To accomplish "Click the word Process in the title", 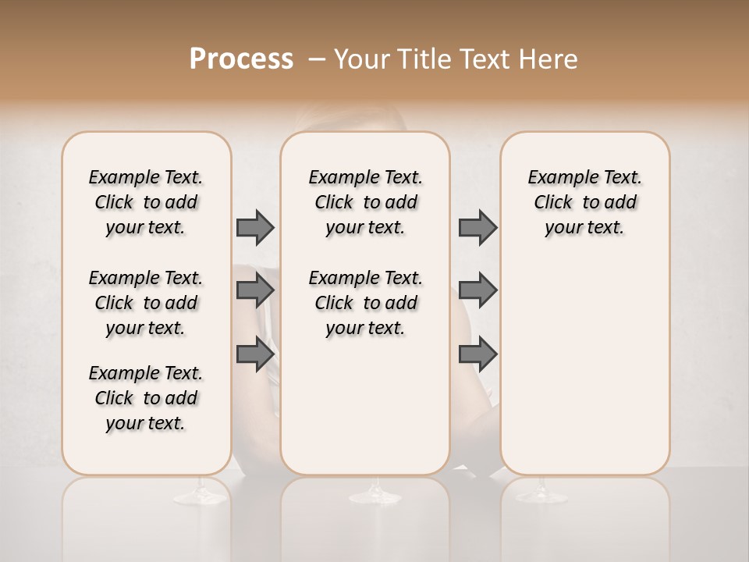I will click(x=241, y=59).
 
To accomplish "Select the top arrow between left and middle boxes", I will click(x=255, y=227).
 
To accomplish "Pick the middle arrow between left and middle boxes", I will click(x=255, y=290).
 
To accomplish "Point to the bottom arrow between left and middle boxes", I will click(x=255, y=354).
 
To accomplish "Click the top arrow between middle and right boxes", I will click(x=477, y=227).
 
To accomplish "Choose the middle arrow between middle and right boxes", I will click(x=477, y=290).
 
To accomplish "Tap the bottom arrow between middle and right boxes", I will click(x=477, y=354).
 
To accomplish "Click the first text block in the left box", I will click(x=146, y=202).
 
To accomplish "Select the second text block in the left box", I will click(x=146, y=303).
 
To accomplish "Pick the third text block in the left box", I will click(x=146, y=398).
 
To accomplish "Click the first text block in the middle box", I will click(x=365, y=202).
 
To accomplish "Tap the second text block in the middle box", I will click(x=365, y=303).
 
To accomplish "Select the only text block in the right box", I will click(x=584, y=202).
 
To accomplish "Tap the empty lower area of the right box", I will click(x=584, y=375).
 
